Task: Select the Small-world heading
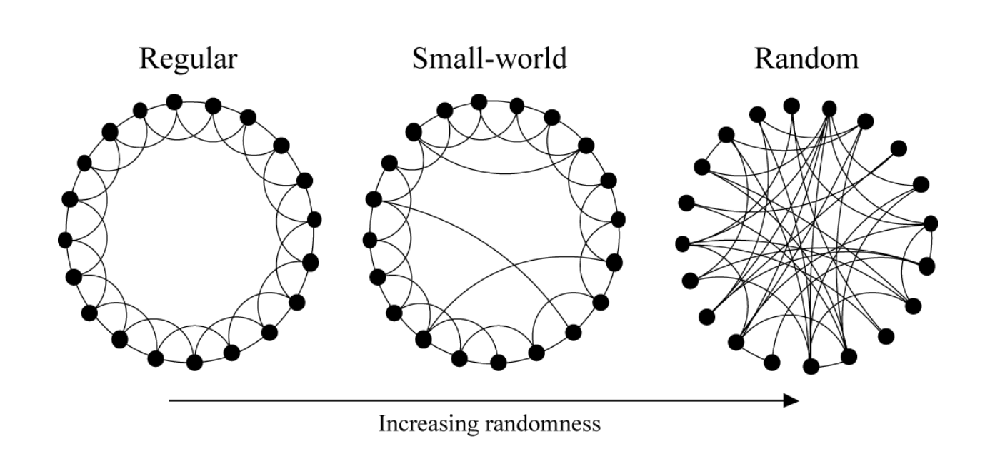[x=489, y=59]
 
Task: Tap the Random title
[x=806, y=59]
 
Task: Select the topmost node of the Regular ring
[x=174, y=102]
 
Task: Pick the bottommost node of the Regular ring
[x=194, y=362]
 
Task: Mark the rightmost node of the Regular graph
[x=314, y=218]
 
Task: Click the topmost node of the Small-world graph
[x=479, y=101]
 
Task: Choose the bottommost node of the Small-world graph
[x=499, y=363]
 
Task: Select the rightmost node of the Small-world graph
[x=619, y=219]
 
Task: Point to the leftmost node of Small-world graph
[x=370, y=239]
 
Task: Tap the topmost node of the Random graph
[x=791, y=106]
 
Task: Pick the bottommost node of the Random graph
[x=811, y=367]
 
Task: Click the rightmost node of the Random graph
[x=931, y=223]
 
